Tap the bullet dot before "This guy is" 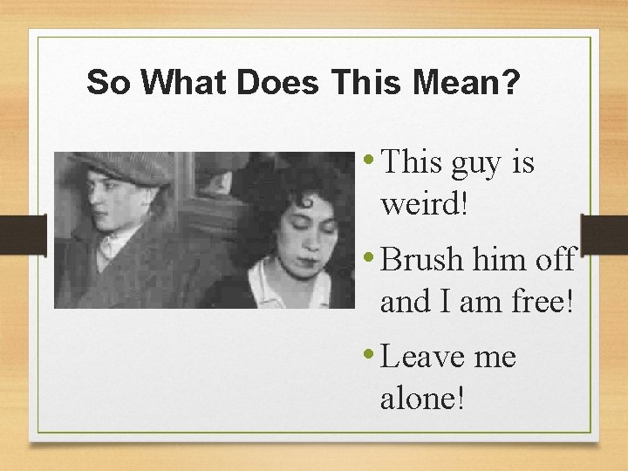pos(372,160)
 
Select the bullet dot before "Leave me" pos(372,353)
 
